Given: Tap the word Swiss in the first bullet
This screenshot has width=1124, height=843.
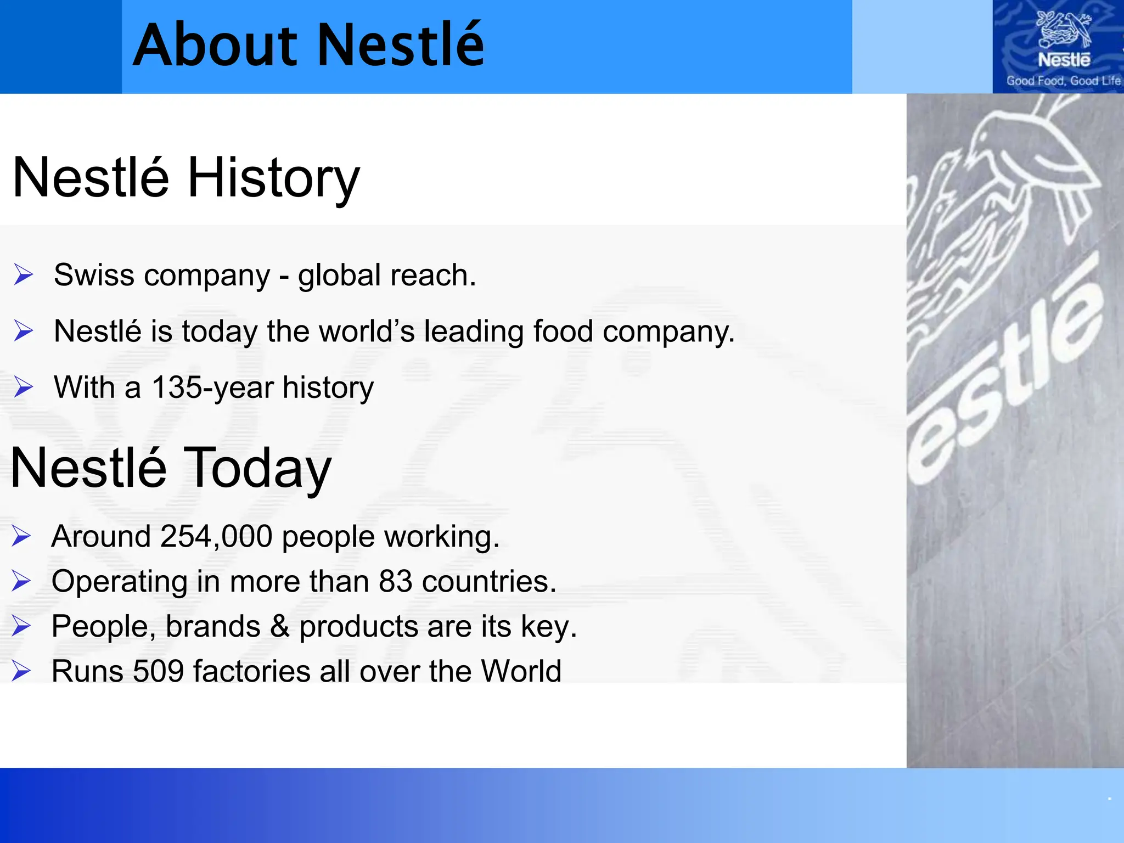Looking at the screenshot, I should [x=94, y=275].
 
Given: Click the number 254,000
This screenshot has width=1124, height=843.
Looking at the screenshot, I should [x=216, y=536].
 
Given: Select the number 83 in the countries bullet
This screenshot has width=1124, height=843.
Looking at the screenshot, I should [x=395, y=581].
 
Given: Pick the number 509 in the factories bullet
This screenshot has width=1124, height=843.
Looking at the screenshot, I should [x=158, y=671].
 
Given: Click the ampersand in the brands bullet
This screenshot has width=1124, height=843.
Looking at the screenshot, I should [x=279, y=626].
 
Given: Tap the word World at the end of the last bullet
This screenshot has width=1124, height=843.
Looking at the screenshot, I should [x=521, y=671].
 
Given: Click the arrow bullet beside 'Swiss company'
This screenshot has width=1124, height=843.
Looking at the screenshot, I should [x=24, y=274].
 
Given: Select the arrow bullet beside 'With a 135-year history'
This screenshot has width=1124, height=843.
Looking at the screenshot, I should [x=24, y=387].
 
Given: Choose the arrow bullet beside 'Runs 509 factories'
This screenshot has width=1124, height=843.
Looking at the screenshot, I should [x=21, y=671].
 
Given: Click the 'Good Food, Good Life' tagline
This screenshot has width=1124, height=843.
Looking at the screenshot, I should [x=1063, y=81].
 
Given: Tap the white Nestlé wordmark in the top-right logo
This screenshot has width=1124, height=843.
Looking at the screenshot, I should [x=1064, y=59].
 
